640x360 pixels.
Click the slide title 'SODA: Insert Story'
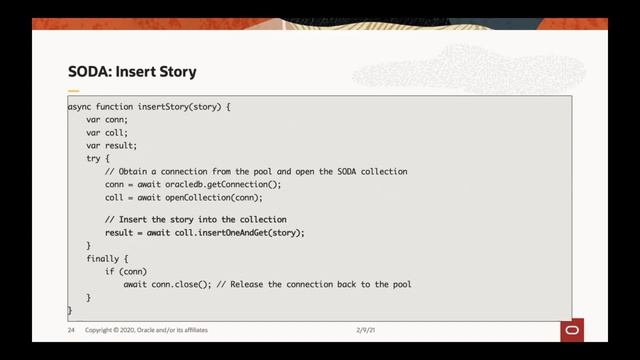132,72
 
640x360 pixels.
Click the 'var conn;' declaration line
107,119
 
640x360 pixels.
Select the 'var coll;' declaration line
107,132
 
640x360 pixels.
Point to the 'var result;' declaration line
112,145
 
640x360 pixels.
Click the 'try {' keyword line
98,158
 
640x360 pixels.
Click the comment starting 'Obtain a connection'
256,171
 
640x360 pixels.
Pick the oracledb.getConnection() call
223,184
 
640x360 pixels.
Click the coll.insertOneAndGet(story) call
238,232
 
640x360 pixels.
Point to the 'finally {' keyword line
107,258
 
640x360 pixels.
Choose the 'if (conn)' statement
126,271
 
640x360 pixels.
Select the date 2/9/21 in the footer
369,329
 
